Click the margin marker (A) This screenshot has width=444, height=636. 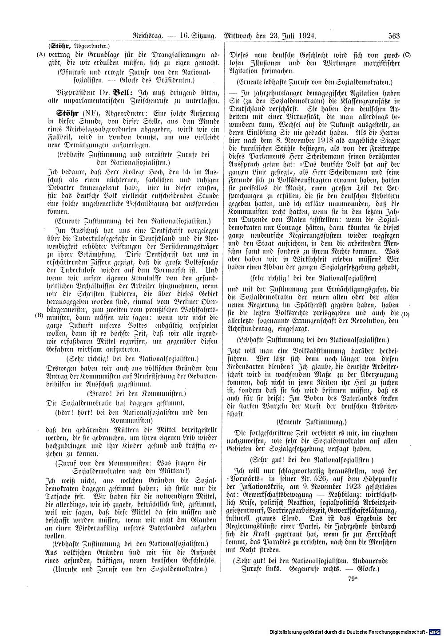[x=41, y=55]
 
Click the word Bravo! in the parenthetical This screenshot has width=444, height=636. [x=103, y=393]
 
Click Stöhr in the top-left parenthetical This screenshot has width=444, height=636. [x=59, y=46]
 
